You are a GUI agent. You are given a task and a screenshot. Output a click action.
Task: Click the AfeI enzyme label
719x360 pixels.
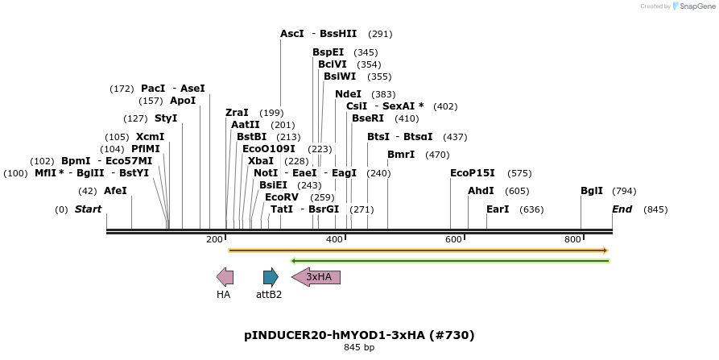pyautogui.click(x=115, y=191)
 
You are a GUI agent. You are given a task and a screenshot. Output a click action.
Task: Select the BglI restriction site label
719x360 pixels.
pyautogui.click(x=591, y=191)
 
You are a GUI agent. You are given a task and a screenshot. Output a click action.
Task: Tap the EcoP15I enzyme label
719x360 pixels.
pyautogui.click(x=472, y=172)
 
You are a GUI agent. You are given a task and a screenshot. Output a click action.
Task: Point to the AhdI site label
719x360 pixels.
pyautogui.click(x=481, y=191)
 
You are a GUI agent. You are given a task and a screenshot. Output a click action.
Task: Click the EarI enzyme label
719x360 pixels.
pyautogui.click(x=498, y=209)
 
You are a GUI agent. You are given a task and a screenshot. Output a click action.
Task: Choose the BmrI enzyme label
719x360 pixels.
pyautogui.click(x=401, y=155)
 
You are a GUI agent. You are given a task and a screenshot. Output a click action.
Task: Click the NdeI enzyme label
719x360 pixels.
pyautogui.click(x=348, y=94)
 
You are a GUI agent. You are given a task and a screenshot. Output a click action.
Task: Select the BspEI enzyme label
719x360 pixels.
pyautogui.click(x=328, y=52)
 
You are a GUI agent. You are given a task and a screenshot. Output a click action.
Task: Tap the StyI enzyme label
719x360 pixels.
pyautogui.click(x=166, y=118)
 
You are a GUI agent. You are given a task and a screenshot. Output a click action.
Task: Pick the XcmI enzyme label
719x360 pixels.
pyautogui.click(x=150, y=137)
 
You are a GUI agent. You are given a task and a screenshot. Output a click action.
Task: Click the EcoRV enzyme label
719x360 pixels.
pyautogui.click(x=281, y=197)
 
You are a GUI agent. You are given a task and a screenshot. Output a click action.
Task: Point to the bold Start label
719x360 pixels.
pyautogui.click(x=89, y=209)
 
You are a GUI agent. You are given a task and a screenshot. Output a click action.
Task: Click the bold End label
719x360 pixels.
pyautogui.click(x=622, y=209)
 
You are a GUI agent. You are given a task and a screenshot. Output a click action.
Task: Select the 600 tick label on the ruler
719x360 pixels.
pyautogui.click(x=453, y=240)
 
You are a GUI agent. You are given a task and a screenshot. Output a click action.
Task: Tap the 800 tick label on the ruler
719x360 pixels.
pyautogui.click(x=572, y=240)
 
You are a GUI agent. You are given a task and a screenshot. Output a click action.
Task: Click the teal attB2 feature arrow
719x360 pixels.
pyautogui.click(x=271, y=278)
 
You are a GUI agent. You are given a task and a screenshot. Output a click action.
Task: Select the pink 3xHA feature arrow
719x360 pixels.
pyautogui.click(x=316, y=278)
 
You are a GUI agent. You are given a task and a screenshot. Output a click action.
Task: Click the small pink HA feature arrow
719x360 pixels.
pyautogui.click(x=225, y=278)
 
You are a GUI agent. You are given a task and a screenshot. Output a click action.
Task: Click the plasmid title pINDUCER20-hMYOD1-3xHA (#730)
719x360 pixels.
pyautogui.click(x=359, y=335)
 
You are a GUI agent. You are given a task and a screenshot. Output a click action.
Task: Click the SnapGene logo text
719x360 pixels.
pyautogui.click(x=692, y=6)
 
